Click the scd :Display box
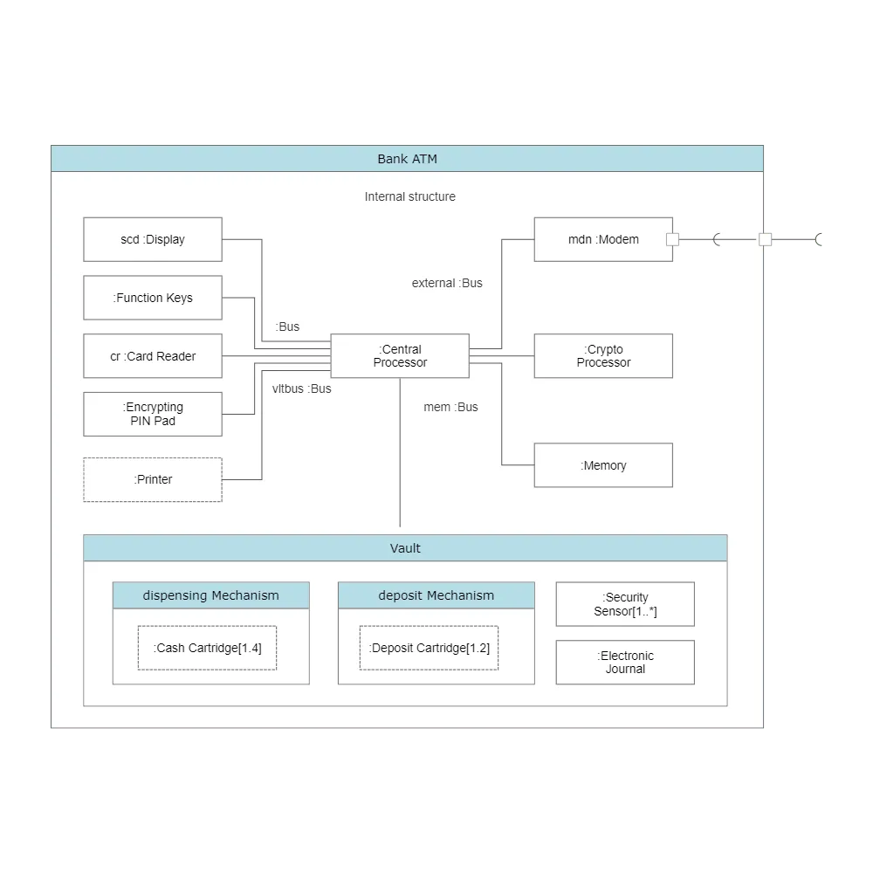pos(153,239)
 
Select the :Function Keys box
pos(153,298)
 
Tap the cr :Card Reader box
pos(153,356)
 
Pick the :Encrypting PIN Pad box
pos(153,414)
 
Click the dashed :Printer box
pos(153,479)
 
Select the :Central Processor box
pos(400,356)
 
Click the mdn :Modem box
pos(603,239)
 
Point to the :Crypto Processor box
pos(603,356)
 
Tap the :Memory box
pos(603,465)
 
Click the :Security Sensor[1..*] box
pos(625,604)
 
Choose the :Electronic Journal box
pos(625,662)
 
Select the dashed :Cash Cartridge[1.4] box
pos(207,648)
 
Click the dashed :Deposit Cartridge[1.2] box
pos(429,648)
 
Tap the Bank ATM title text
pos(407,159)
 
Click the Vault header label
pos(405,548)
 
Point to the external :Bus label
pos(447,283)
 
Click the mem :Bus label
pos(450,407)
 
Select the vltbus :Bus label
pos(302,388)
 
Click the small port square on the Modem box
pos(672,239)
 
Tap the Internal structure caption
pos(409,196)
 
